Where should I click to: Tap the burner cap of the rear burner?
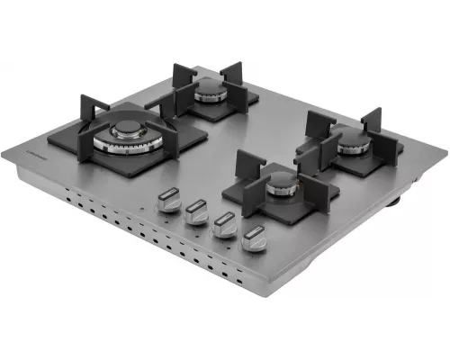click(x=209, y=89)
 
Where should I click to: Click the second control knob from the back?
click(x=195, y=213)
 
